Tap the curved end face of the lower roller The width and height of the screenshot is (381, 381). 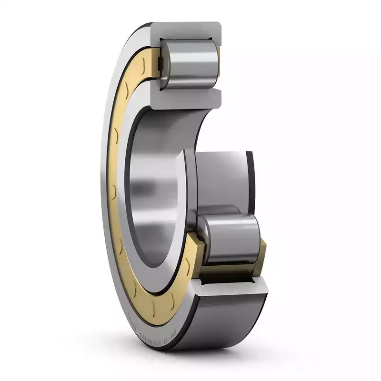[x=205, y=238]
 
